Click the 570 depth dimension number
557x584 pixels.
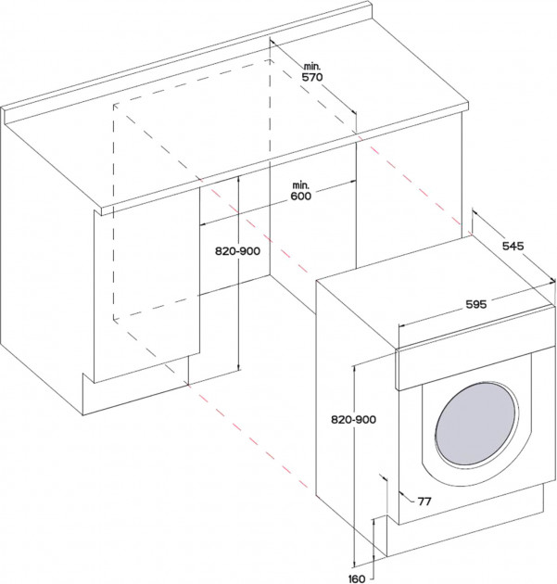click(x=312, y=77)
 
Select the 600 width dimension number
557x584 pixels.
click(x=301, y=196)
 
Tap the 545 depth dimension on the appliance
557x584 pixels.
click(x=513, y=246)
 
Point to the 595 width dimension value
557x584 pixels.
click(x=476, y=304)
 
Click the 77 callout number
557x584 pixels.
click(x=424, y=501)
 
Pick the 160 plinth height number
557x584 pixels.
click(x=357, y=578)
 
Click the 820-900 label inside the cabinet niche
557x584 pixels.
click(x=237, y=251)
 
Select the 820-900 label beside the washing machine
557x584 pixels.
click(x=354, y=419)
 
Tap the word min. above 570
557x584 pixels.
click(x=312, y=67)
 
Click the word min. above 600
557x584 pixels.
click(x=301, y=184)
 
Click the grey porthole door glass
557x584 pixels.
click(x=476, y=424)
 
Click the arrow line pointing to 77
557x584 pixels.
click(x=407, y=497)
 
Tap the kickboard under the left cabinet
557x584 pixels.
click(x=134, y=387)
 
